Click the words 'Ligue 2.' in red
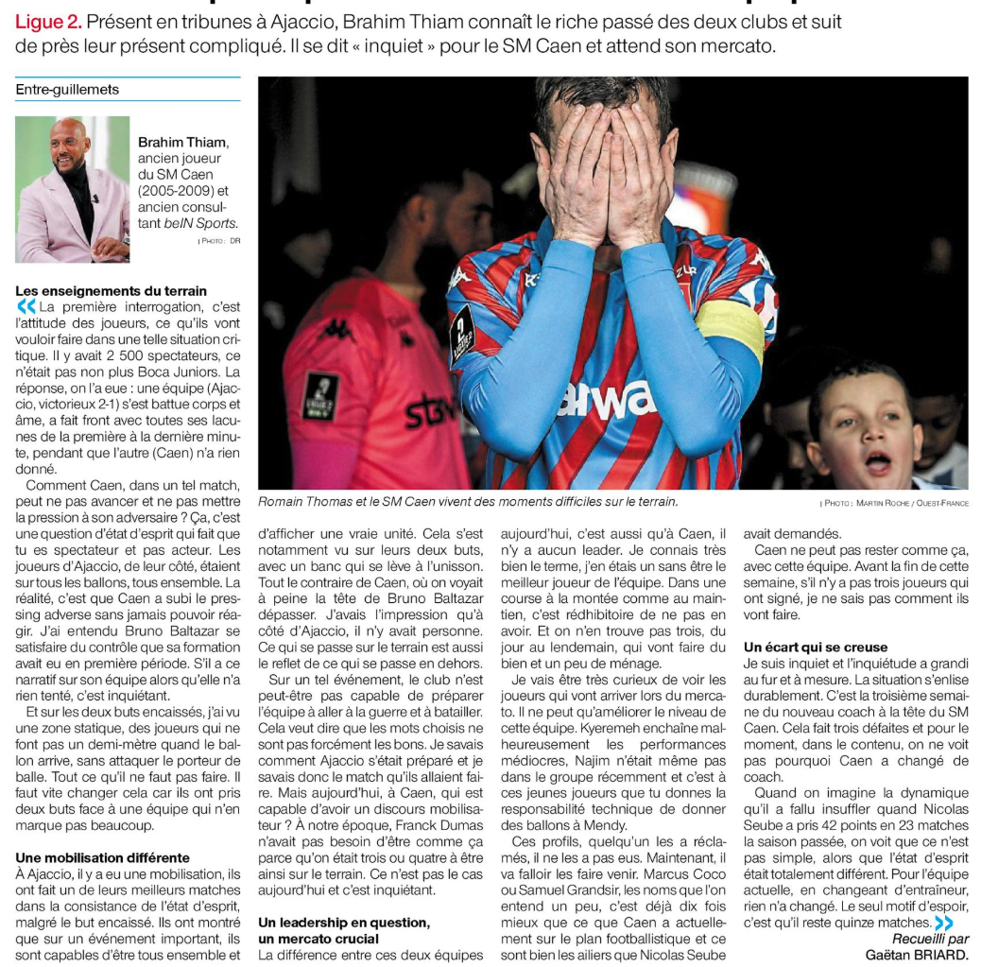click(48, 21)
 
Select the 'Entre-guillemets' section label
click(67, 90)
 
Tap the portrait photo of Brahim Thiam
click(73, 189)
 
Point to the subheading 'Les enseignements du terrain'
click(112, 290)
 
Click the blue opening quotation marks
click(26, 306)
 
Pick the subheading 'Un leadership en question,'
click(344, 922)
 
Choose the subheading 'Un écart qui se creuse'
click(816, 647)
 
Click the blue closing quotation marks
click(943, 922)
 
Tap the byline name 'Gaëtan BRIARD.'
click(917, 955)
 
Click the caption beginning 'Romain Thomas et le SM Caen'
click(468, 502)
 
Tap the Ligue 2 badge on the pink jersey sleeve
click(320, 395)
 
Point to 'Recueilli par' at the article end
click(930, 939)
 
